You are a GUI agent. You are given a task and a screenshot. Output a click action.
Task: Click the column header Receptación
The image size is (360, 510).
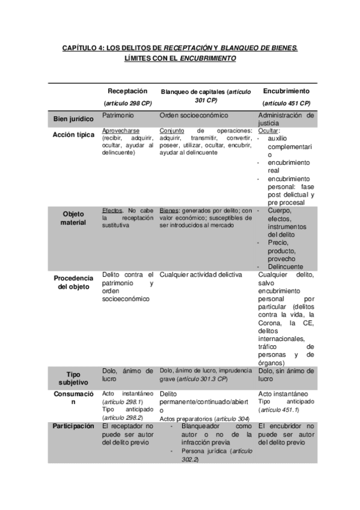[127, 91]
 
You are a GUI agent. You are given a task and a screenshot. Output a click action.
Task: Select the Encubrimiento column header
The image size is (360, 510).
[286, 91]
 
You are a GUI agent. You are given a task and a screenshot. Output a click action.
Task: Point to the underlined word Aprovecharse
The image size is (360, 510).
[122, 131]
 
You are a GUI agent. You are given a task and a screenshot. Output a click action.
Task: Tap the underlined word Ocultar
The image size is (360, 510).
[269, 131]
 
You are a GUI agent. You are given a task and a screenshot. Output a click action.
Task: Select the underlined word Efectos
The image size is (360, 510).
[112, 210]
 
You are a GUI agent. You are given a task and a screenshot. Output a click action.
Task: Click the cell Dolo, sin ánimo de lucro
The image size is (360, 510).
[285, 375]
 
